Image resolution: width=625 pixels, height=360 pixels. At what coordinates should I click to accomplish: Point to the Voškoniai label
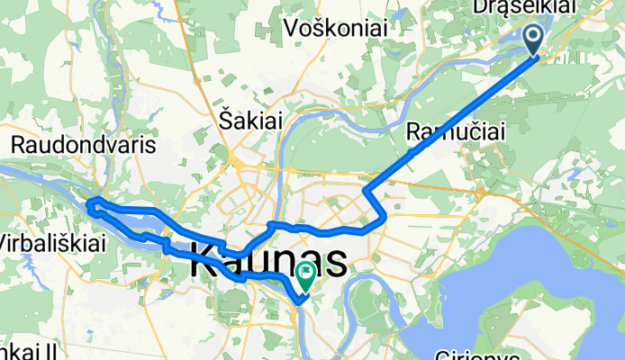(335, 29)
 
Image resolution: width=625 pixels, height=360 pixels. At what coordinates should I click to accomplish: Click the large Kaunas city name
(269, 263)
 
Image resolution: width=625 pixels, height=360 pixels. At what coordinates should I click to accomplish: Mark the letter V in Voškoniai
(292, 29)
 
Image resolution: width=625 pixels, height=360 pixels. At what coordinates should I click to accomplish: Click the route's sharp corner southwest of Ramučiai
(364, 191)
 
